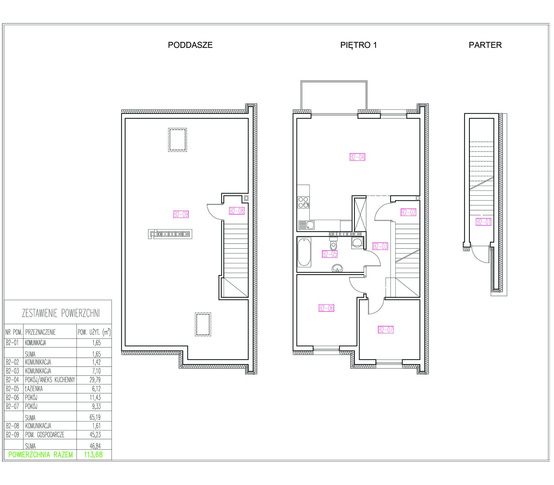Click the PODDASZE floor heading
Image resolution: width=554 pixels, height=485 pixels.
point(190,45)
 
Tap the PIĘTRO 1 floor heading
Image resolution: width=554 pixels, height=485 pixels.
point(358,45)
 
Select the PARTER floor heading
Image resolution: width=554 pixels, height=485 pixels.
point(485,45)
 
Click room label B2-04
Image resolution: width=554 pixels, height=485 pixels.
point(357,157)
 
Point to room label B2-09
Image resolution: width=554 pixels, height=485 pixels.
point(181,214)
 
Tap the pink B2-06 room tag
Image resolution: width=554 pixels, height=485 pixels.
point(326,308)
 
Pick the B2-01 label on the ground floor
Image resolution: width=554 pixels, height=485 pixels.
point(484,222)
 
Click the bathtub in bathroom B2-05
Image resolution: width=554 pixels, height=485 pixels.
point(304,252)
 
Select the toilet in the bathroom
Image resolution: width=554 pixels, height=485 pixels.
point(333,244)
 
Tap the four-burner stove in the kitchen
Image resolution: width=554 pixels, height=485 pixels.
point(304,202)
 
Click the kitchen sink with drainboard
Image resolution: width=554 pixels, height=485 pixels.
point(306,225)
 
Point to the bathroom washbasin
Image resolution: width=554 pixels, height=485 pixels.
point(337,268)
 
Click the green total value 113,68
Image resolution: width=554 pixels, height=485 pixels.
point(93,455)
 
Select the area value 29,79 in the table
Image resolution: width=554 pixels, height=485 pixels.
point(95,380)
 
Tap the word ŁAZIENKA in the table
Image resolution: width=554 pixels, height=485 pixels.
point(34,389)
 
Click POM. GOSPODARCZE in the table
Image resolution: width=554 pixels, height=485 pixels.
point(45,435)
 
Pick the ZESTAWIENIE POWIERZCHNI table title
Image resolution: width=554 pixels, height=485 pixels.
point(61,313)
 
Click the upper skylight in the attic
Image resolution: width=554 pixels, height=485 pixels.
point(177,140)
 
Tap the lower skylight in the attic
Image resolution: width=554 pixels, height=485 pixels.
point(203,324)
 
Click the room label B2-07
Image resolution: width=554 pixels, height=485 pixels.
point(386,330)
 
